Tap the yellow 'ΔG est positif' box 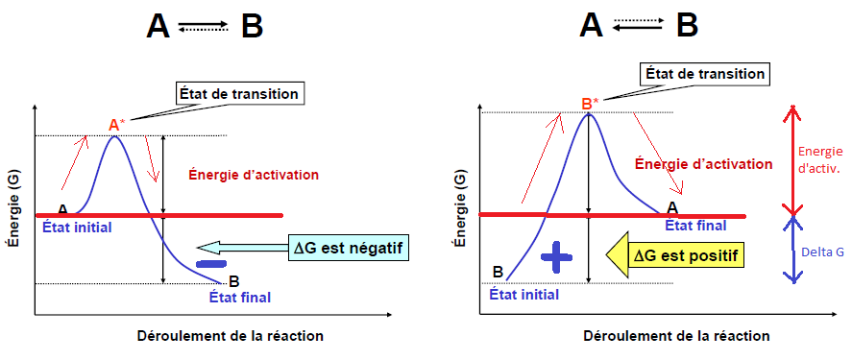(x=685, y=254)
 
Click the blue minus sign (x=210, y=264)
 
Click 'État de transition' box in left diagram (x=239, y=94)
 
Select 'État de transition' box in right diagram (x=704, y=73)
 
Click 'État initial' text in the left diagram (x=77, y=227)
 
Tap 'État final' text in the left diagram (x=239, y=297)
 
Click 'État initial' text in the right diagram (x=523, y=295)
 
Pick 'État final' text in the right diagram (x=696, y=226)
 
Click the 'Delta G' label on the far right (x=823, y=252)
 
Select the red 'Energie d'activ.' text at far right (x=820, y=160)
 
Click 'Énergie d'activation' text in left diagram (x=254, y=175)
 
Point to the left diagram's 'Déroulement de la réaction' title (x=231, y=336)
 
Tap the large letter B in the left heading (x=252, y=26)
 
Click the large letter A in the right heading (x=591, y=24)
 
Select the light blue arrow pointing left (x=242, y=248)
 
